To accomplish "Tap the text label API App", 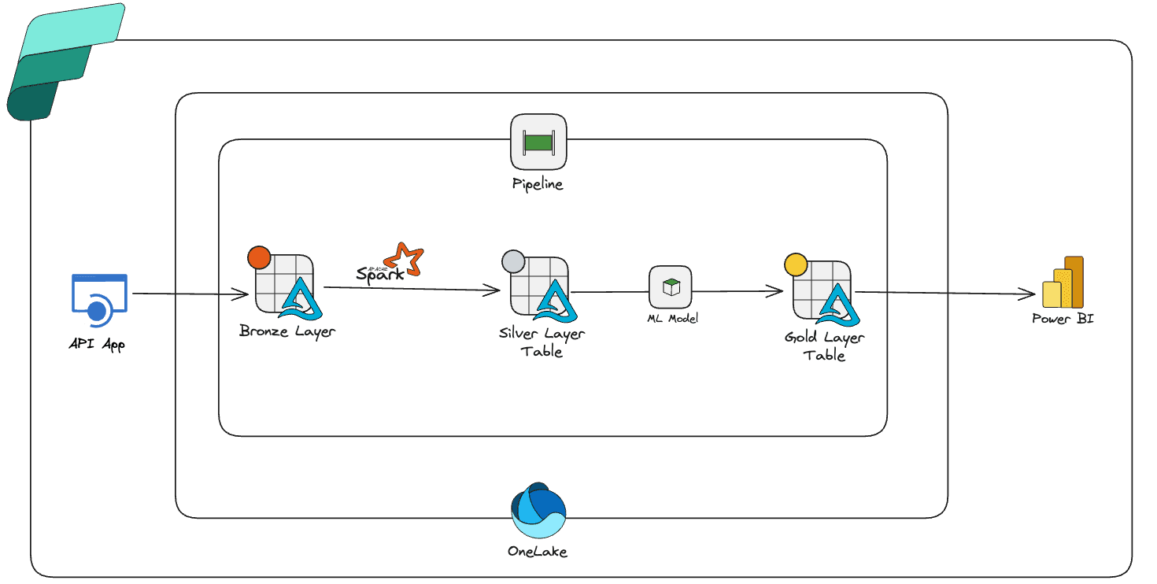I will pyautogui.click(x=97, y=343).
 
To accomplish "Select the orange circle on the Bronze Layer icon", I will pyautogui.click(x=258, y=257).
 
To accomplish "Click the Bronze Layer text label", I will pyautogui.click(x=286, y=331).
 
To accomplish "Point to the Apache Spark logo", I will pyautogui.click(x=391, y=264).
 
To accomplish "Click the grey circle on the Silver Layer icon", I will pyautogui.click(x=513, y=261).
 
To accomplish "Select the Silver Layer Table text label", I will pyautogui.click(x=542, y=342).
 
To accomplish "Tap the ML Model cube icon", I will pyautogui.click(x=671, y=287).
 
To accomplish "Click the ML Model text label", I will pyautogui.click(x=671, y=318).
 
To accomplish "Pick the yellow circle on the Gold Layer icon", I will pyautogui.click(x=796, y=265).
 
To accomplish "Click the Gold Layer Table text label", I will pyautogui.click(x=824, y=346).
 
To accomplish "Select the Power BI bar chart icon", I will pyautogui.click(x=1063, y=283).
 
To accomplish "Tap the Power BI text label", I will pyautogui.click(x=1063, y=319).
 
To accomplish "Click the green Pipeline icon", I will pyautogui.click(x=539, y=142).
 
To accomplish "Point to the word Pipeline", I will pyautogui.click(x=538, y=184).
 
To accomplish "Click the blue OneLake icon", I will pyautogui.click(x=538, y=510).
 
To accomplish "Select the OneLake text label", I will pyautogui.click(x=538, y=551).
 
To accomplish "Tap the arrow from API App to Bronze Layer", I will pyautogui.click(x=189, y=295).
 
